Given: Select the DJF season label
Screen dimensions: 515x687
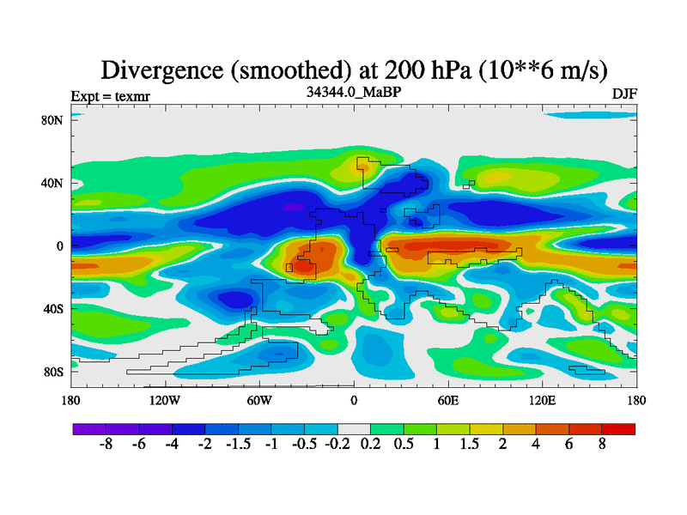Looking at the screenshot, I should (624, 93).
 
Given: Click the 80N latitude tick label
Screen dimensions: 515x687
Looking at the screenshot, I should (53, 120).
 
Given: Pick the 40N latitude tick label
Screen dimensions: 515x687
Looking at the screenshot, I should (53, 183).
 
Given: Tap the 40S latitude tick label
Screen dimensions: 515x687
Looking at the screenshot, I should (53, 309).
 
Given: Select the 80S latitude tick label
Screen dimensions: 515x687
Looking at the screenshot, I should (53, 373).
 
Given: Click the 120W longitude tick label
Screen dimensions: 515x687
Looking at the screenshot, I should (164, 400).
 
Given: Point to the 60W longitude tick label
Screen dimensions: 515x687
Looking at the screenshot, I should (258, 400).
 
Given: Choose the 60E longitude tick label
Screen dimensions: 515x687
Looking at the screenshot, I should (448, 400).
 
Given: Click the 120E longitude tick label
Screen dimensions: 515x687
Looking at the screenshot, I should (543, 400).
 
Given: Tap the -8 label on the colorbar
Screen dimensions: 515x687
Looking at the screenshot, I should (106, 446).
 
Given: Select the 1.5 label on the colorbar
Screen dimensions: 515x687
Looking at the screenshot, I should (470, 446).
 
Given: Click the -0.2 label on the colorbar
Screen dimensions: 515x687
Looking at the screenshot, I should (337, 446).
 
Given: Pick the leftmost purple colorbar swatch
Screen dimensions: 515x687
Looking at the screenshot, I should (89, 428).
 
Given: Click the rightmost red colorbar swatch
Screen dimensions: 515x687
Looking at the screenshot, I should (618, 428).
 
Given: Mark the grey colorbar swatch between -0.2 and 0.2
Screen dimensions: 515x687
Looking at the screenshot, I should (354, 428).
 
